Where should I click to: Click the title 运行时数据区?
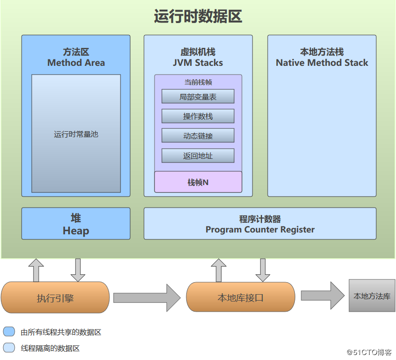point(198,17)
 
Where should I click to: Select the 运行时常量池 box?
point(76,134)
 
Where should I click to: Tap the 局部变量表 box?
point(198,96)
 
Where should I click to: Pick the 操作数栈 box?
point(198,116)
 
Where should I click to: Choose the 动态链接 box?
point(198,136)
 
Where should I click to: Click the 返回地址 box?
point(198,156)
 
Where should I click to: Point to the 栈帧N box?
point(198,182)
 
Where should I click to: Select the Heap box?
point(76,224)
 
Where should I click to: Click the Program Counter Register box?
point(260,224)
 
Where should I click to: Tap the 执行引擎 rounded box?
point(55,297)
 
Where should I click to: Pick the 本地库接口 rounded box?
point(241,297)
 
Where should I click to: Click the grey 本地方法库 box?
point(372,296)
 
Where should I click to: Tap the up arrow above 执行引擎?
point(36,270)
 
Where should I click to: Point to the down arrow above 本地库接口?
point(263,270)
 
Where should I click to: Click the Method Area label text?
point(76,63)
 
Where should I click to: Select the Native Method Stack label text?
point(322,63)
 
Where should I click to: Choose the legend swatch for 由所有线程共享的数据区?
point(9,332)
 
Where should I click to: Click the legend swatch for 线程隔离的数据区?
point(9,348)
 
